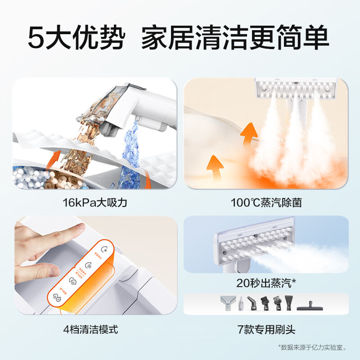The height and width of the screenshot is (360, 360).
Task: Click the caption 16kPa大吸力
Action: (x=95, y=202)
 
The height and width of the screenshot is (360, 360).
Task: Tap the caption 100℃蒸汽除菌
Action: (x=266, y=202)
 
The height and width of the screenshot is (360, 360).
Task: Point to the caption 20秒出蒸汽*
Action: (x=266, y=283)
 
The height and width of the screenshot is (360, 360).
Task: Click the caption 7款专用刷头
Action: (x=266, y=330)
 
